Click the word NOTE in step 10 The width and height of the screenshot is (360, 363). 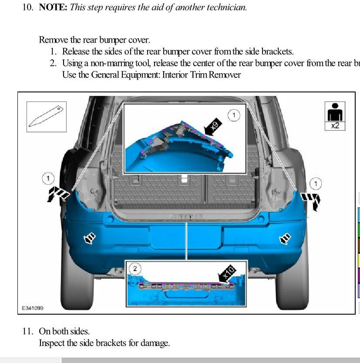53,7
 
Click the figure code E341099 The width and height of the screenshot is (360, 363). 32,308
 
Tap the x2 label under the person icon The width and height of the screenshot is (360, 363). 335,126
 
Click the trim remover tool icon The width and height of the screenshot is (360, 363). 47,117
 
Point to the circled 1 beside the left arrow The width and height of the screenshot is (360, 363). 48,178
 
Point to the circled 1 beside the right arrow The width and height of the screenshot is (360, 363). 316,183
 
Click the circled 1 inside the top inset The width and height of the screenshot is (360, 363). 234,115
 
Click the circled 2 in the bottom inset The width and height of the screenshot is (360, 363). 135,268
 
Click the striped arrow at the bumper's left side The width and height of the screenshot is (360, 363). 57,194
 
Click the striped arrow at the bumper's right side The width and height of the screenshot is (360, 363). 311,200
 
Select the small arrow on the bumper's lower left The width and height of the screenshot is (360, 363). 90,238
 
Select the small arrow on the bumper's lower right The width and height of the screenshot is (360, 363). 285,238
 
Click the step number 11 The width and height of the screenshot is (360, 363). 27,331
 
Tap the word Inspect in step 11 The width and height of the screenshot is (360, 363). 52,343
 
